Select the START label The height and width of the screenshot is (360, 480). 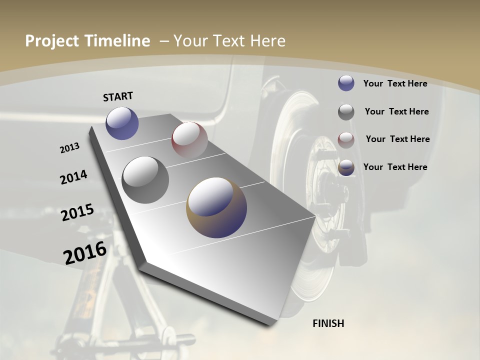pos(118,96)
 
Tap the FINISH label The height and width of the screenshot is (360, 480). pos(328,323)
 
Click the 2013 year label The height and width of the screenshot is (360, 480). pos(69,148)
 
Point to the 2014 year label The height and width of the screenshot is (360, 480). pos(74,177)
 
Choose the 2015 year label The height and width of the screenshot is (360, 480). pos(77,212)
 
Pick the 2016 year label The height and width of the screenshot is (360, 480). pos(85,252)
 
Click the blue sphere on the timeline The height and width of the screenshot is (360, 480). pos(122,123)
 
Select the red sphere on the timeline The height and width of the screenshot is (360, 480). pos(189,140)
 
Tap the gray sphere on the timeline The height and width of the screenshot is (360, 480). pos(145,179)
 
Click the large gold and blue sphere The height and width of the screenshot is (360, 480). pos(216,207)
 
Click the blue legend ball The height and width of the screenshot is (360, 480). pos(346,83)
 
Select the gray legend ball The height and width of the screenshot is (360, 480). pos(346,112)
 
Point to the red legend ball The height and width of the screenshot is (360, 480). pos(346,139)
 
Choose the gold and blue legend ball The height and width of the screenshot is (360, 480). pos(346,167)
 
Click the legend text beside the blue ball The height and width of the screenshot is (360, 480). pos(395,83)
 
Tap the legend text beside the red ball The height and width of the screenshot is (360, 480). pos(397,139)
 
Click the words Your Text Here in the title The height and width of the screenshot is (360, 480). pos(229,41)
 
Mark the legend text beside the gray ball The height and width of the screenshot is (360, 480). pos(397,111)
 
